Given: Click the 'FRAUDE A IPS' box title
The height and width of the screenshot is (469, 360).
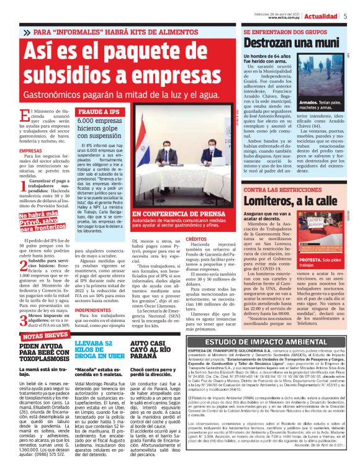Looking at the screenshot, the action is [95, 112].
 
